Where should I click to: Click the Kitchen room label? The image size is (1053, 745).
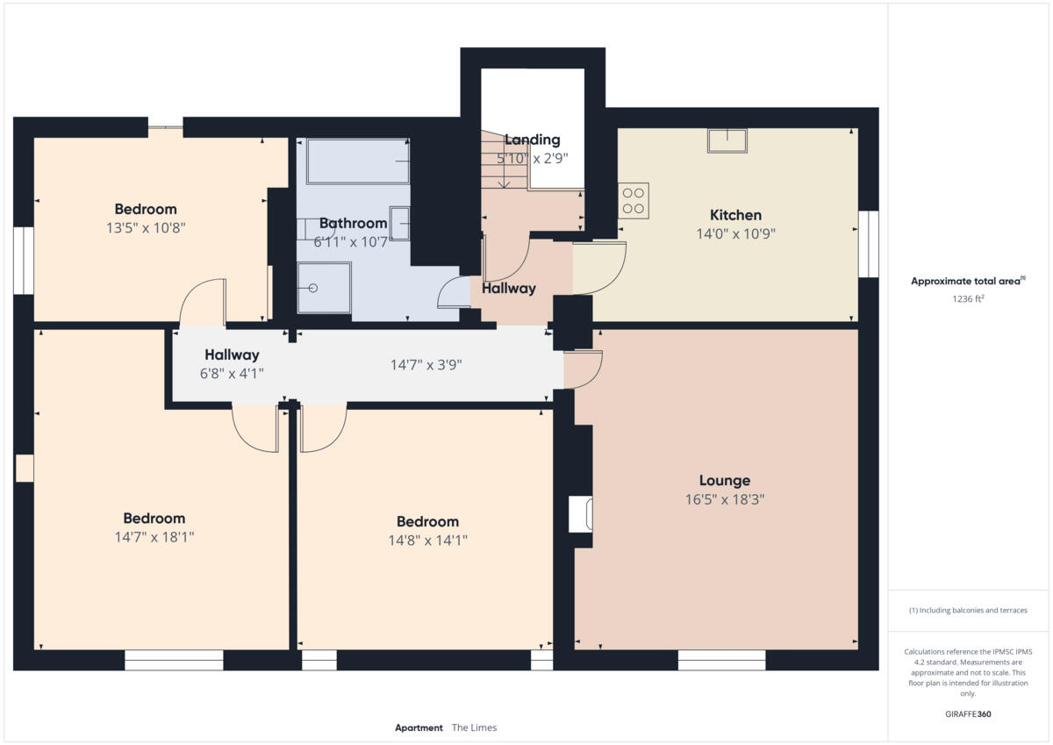(735, 215)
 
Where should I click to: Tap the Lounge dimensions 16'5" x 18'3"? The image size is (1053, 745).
(725, 499)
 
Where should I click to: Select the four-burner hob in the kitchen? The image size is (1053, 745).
(634, 200)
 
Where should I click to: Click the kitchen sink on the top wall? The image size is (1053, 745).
(727, 140)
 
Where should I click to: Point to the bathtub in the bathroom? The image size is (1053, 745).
(358, 161)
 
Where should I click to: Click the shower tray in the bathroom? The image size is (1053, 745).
(324, 288)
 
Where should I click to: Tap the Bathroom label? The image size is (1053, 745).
(353, 223)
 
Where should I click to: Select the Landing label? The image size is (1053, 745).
(532, 140)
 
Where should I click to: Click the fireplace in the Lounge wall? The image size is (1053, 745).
(581, 514)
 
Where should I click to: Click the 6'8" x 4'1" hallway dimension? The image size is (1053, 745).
(232, 373)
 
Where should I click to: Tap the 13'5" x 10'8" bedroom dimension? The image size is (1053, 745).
(146, 227)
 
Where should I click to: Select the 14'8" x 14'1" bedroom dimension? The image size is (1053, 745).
(427, 541)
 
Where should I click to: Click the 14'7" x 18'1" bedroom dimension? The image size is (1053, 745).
(154, 537)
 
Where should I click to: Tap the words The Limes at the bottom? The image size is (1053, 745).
(474, 727)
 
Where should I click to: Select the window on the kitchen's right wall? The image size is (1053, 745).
(868, 244)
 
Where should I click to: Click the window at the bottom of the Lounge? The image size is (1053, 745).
(721, 660)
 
